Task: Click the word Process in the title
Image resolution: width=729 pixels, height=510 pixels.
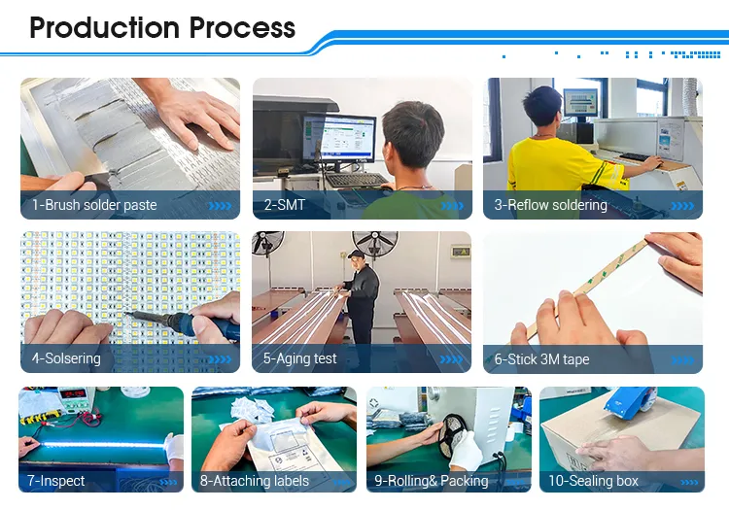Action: click(242, 27)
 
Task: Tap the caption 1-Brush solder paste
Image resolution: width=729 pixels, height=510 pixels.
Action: click(94, 205)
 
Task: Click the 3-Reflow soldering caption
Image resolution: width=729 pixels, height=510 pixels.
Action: click(550, 205)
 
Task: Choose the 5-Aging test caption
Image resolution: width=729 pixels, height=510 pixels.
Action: click(299, 358)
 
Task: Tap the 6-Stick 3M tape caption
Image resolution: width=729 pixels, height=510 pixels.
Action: click(541, 359)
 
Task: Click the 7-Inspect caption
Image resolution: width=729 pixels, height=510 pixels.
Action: click(56, 481)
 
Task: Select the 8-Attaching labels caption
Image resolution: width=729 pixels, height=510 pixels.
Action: click(255, 481)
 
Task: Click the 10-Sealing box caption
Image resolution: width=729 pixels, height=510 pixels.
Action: click(593, 481)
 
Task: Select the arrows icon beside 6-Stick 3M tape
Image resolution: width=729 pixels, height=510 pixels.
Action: click(683, 359)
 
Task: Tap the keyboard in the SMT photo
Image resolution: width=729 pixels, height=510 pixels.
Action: click(355, 180)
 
